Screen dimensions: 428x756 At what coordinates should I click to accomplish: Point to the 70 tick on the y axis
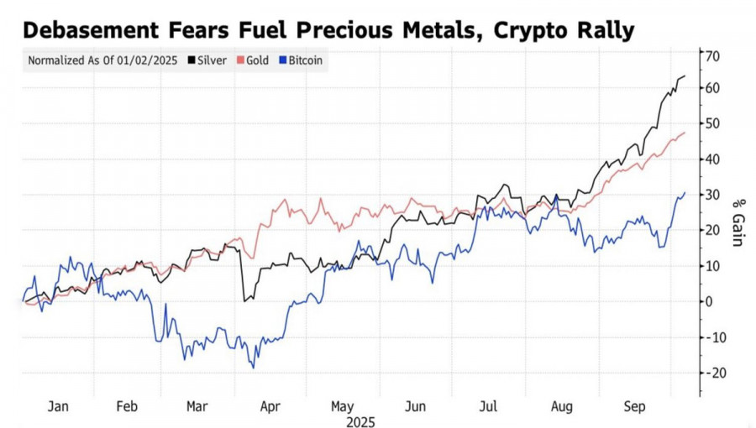(x=714, y=56)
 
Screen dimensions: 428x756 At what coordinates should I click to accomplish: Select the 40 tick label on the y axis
(x=712, y=159)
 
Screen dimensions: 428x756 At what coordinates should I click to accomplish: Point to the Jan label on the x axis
(x=58, y=406)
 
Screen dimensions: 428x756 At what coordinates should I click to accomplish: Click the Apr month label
(x=270, y=406)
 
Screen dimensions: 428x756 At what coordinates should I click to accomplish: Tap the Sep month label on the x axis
(x=633, y=406)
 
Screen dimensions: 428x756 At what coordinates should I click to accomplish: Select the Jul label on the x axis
(x=488, y=406)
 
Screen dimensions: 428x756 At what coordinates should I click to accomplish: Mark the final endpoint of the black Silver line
(x=685, y=76)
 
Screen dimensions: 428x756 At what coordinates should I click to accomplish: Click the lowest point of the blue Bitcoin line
(x=253, y=368)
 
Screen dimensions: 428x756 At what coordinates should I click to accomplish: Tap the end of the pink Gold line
(x=685, y=132)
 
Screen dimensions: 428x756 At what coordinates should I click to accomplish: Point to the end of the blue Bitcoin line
(x=685, y=192)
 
